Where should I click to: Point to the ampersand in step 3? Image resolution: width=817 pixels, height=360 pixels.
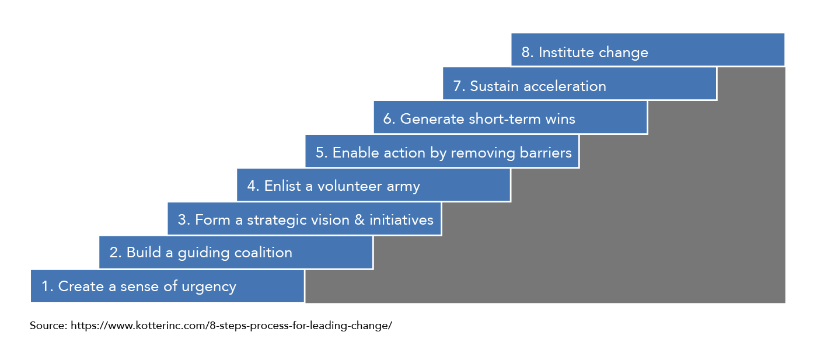click(359, 220)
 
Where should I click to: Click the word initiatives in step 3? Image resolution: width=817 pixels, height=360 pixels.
click(401, 219)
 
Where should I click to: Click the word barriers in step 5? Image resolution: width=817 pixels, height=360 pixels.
click(546, 152)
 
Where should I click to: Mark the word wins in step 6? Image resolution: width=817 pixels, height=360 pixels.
click(560, 119)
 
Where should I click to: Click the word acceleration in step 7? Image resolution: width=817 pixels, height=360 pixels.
click(565, 86)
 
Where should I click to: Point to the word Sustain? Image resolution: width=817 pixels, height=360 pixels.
click(494, 86)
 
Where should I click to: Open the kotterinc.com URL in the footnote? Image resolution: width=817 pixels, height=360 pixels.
click(231, 326)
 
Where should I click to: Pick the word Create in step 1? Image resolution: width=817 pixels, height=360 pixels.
click(81, 286)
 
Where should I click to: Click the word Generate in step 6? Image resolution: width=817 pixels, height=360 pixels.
click(432, 119)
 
